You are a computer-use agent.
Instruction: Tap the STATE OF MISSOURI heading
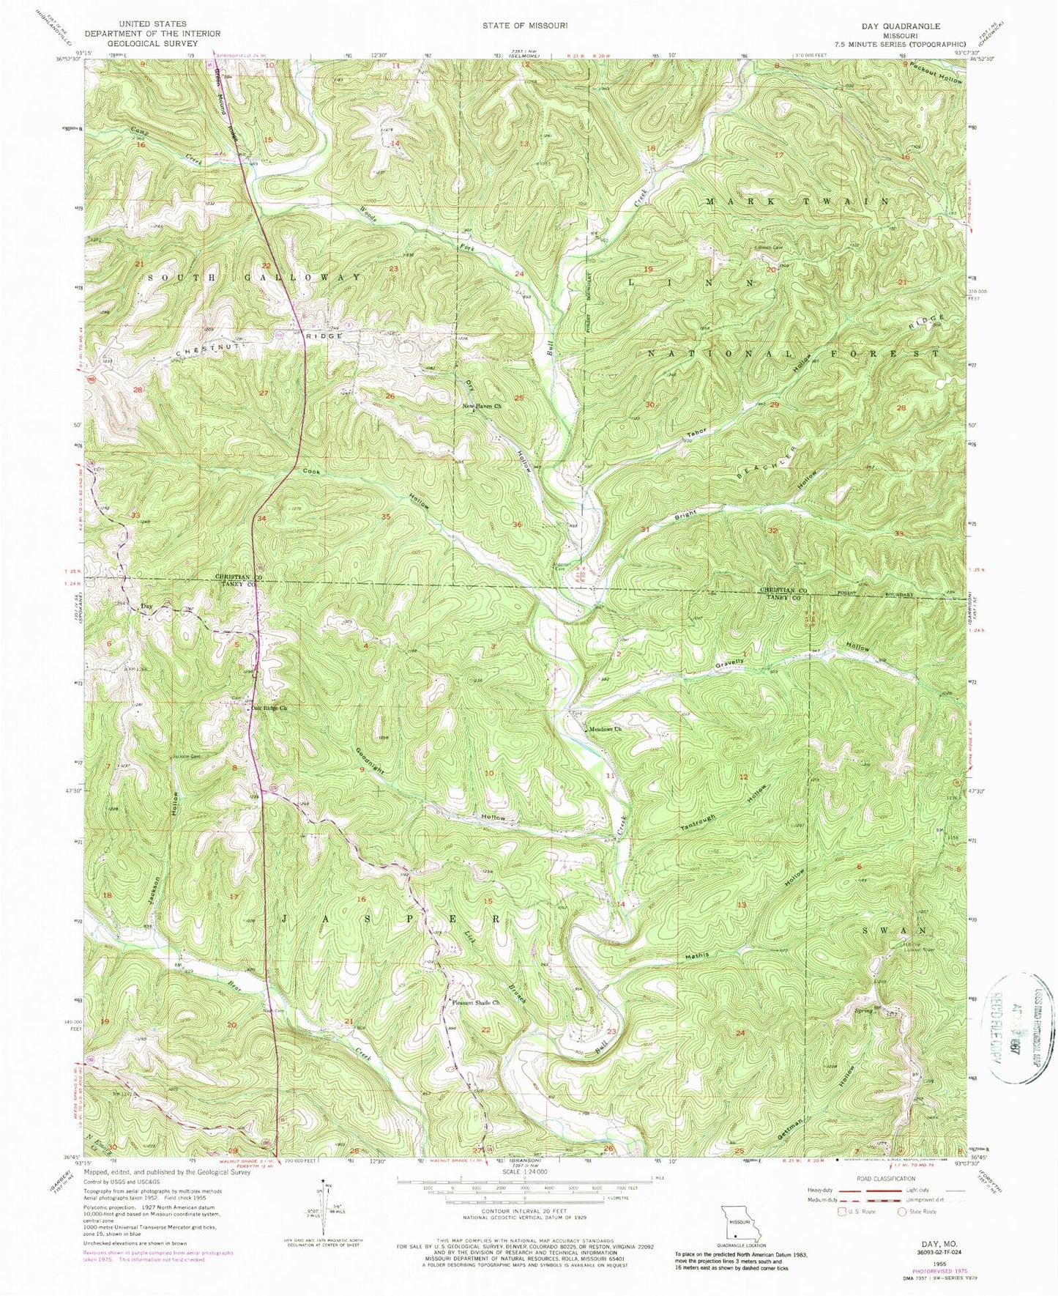524,25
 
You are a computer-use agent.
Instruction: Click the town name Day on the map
146,606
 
